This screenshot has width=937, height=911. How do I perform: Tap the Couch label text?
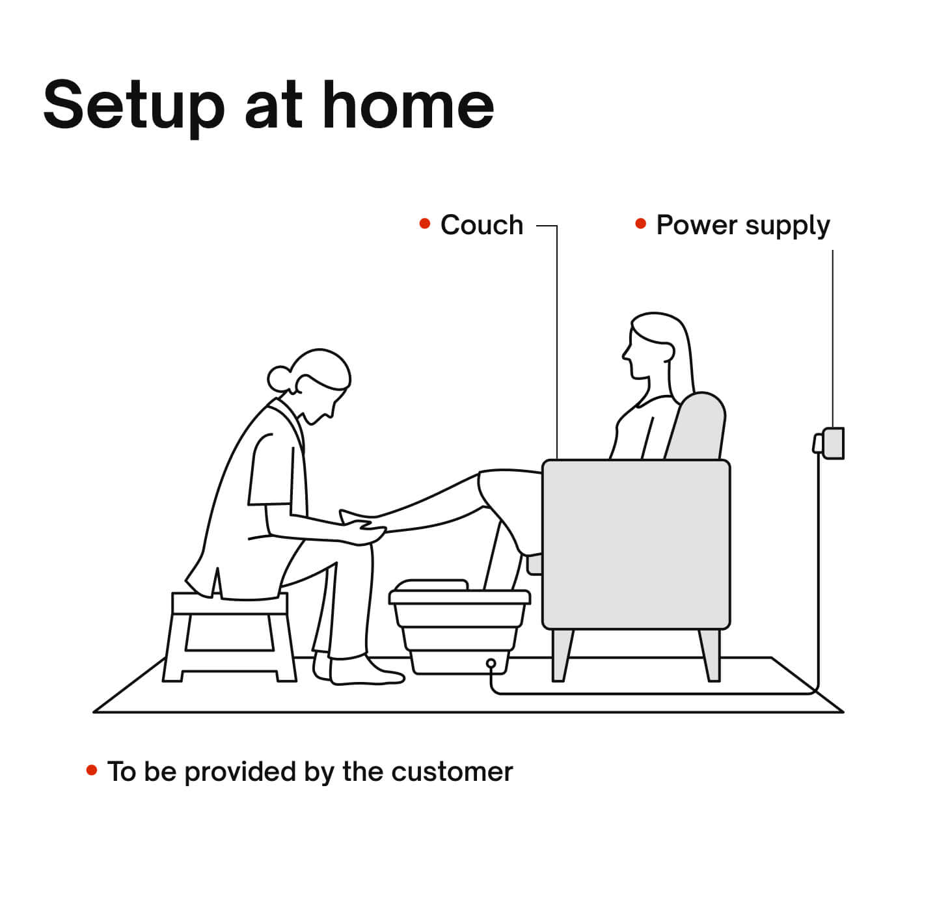481,225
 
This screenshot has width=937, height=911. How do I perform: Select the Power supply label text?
742,226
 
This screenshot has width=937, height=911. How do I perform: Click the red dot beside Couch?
424,223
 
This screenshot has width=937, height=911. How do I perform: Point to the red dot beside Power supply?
640,223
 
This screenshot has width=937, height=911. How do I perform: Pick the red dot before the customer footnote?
92,769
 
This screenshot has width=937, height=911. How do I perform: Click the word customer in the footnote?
452,772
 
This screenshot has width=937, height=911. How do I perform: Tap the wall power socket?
829,444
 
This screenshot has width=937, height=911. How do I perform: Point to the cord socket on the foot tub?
491,664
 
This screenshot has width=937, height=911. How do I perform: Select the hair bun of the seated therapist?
278,379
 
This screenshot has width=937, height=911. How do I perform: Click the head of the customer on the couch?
657,351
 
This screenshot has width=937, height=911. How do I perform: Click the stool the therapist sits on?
229,636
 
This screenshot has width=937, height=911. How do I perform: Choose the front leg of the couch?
562,655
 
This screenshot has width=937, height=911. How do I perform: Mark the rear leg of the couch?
710,655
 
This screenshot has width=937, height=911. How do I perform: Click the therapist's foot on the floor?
366,672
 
